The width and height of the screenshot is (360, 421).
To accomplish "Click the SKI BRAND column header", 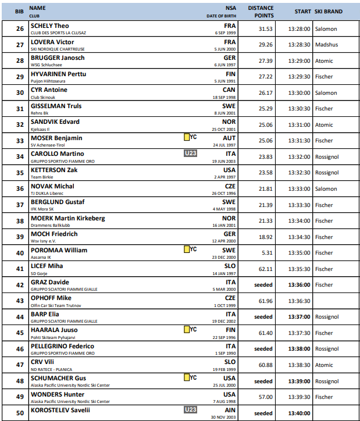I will pos(329,11).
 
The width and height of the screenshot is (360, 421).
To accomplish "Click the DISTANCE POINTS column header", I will pos(261,12).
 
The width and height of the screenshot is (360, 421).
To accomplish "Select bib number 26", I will pos(20,28).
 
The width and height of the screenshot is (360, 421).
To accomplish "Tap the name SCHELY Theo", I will pos(49,26).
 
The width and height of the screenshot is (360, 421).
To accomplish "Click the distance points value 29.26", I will pos(265,45).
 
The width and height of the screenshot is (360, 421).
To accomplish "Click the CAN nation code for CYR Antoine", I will pos(229,90).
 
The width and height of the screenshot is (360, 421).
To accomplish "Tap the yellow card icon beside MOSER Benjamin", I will pos(187,137).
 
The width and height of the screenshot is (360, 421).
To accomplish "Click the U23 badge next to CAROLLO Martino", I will pos(191,154).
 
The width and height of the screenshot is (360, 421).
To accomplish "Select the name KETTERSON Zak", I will pos(54,170).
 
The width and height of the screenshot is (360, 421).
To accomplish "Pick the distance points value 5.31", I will pos(267,253).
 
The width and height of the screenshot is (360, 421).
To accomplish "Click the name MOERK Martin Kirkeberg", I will pos(67,218).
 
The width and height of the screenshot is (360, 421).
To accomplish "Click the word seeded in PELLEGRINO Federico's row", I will pos(263,349).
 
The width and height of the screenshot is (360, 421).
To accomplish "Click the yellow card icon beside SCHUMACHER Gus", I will pos(187,378).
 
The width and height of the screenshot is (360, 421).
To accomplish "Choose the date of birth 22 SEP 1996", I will pos(223,337).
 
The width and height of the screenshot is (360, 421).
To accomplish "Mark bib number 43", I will pos(20,301).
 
